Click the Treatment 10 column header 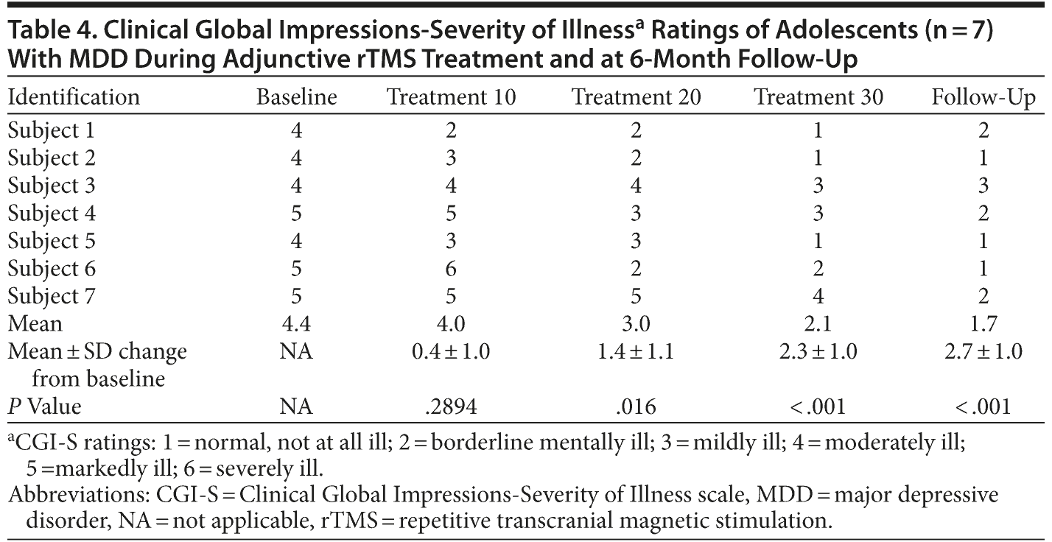point(451,97)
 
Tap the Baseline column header point(296,97)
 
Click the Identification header point(74,97)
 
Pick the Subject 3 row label point(52,186)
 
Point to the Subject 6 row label point(52,269)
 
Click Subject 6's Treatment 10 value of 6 point(451,269)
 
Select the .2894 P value point(451,406)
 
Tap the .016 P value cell point(636,406)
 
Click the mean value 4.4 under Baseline point(296,324)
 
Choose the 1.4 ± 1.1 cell point(636,351)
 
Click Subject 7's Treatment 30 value point(818,297)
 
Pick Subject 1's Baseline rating point(296,131)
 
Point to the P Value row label point(44,406)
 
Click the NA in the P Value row point(296,406)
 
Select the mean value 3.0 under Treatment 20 point(636,324)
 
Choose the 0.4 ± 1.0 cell point(451,351)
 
